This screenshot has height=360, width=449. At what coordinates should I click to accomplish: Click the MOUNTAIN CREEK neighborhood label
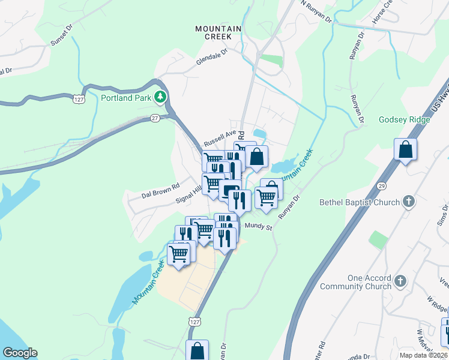pyautogui.click(x=218, y=32)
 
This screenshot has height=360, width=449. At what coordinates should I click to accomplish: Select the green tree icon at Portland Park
pyautogui.click(x=160, y=97)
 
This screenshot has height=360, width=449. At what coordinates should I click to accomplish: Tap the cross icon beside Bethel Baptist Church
pyautogui.click(x=408, y=202)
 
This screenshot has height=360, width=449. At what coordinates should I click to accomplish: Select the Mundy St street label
pyautogui.click(x=259, y=227)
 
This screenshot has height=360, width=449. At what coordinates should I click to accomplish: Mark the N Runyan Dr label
pyautogui.click(x=316, y=11)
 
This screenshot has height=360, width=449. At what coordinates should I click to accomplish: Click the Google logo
pyautogui.click(x=20, y=353)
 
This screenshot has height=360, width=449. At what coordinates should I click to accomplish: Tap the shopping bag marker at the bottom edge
pyautogui.click(x=197, y=350)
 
